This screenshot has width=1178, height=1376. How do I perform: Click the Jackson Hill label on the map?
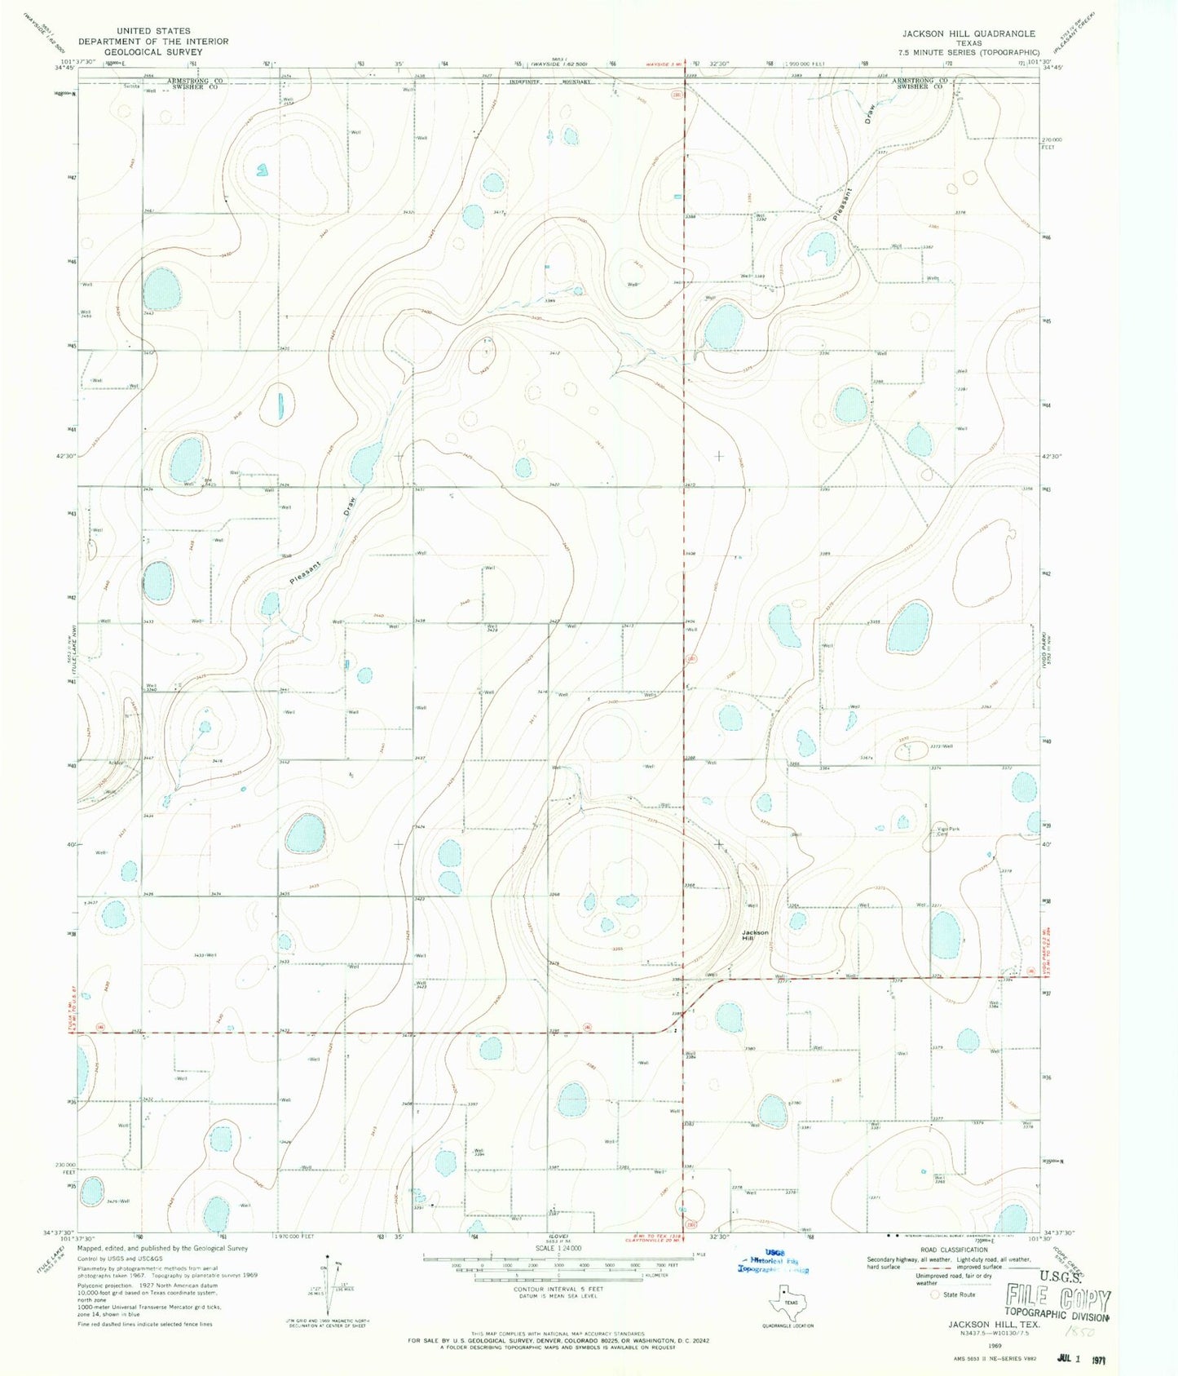click(755, 936)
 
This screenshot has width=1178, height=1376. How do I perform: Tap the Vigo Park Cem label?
click(947, 831)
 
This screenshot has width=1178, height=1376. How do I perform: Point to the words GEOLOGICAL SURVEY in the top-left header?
click(153, 51)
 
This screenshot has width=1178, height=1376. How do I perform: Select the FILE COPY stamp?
click(1057, 1299)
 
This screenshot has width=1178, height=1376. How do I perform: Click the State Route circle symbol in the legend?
click(934, 1294)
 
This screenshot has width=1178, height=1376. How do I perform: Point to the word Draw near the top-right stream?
click(871, 111)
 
